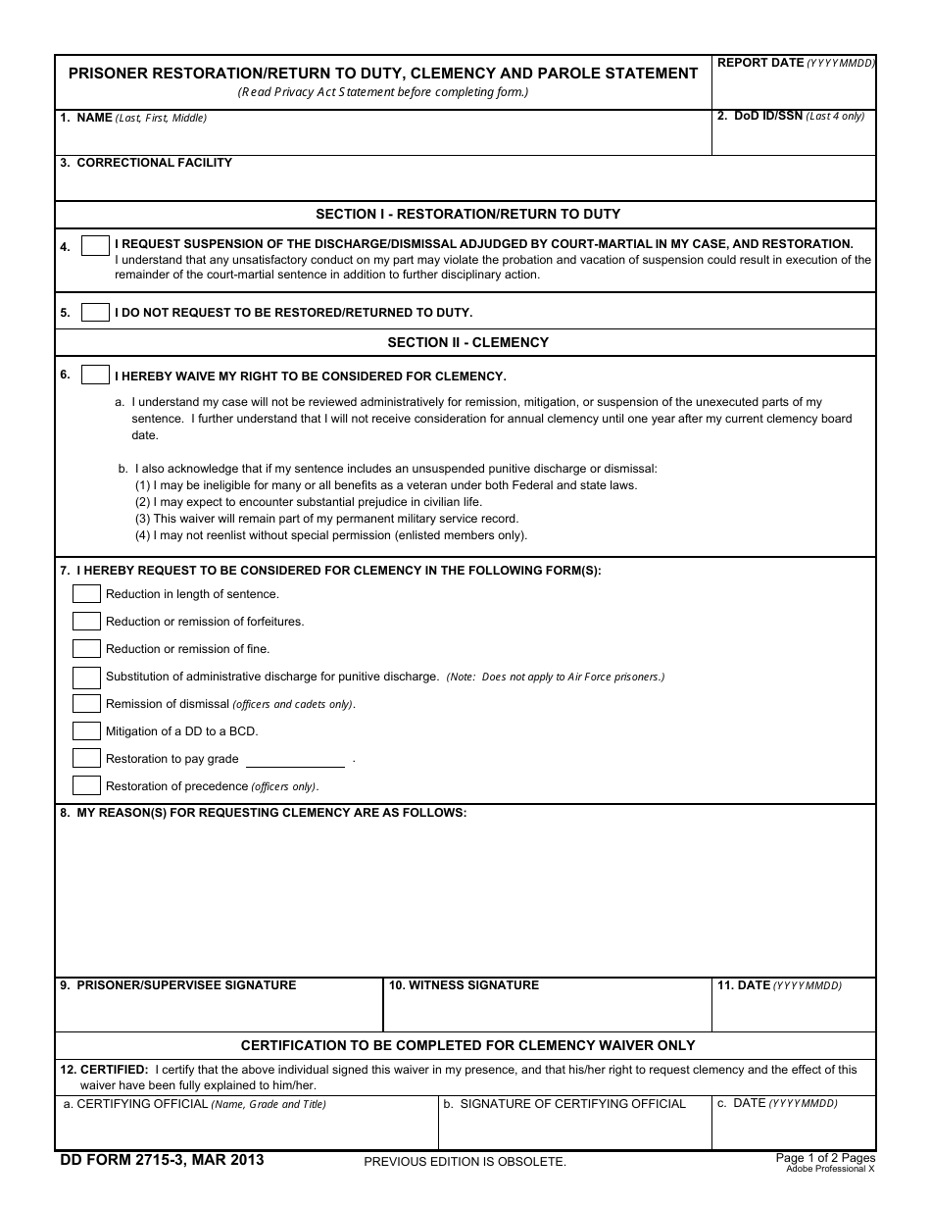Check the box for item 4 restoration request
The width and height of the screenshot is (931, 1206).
coord(95,246)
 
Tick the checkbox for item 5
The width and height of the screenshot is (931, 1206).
coord(95,313)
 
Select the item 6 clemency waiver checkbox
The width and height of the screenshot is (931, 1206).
coord(95,375)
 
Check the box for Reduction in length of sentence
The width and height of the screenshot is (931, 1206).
coord(86,594)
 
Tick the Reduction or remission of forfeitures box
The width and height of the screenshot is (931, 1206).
coord(86,622)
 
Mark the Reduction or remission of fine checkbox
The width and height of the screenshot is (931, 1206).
coord(86,649)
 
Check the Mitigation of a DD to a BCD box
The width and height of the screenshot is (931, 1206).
coord(86,731)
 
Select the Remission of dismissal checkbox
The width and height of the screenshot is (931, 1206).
coord(86,704)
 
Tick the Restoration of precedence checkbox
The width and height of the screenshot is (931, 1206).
coord(86,785)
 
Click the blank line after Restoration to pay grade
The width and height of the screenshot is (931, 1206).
coord(295,760)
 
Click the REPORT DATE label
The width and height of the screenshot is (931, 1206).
coord(760,63)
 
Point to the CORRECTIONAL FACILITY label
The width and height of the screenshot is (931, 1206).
coord(154,163)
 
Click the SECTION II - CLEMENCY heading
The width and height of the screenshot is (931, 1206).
coord(467,342)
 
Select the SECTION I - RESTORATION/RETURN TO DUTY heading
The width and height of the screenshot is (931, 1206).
coord(467,214)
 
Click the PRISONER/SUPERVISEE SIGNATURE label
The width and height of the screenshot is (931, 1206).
coord(185,985)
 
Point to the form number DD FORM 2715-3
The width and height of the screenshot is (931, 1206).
coord(162,1160)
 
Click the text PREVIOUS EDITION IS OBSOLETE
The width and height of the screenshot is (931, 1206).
coord(465,1162)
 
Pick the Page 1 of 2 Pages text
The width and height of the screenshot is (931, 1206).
coord(825,1158)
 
